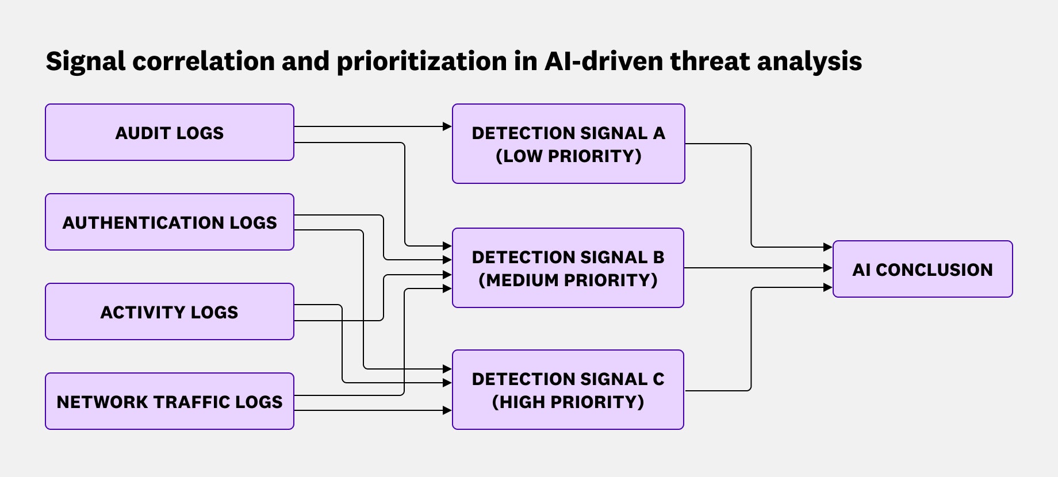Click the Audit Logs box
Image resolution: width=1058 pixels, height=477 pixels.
pyautogui.click(x=170, y=132)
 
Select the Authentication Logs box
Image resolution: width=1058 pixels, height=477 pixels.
pyautogui.click(x=170, y=222)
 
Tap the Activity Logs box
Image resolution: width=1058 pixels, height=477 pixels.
pyautogui.click(x=170, y=311)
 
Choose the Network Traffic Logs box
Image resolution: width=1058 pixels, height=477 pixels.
pyautogui.click(x=170, y=401)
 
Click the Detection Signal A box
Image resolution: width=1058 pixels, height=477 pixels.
pyautogui.click(x=568, y=144)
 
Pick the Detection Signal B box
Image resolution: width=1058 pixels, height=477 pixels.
pyautogui.click(x=568, y=268)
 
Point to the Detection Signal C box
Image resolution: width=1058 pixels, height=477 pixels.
pyautogui.click(x=568, y=390)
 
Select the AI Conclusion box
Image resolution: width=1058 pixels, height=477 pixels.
pyautogui.click(x=922, y=269)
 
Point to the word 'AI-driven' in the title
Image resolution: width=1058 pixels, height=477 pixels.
pyautogui.click(x=604, y=61)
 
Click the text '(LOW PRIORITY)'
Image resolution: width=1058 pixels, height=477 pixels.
pyautogui.click(x=568, y=156)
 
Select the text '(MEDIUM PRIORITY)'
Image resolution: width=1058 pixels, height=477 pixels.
pyautogui.click(x=568, y=280)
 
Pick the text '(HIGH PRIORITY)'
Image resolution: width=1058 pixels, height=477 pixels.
pyautogui.click(x=568, y=402)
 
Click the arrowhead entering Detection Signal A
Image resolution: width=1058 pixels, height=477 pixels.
pyautogui.click(x=447, y=126)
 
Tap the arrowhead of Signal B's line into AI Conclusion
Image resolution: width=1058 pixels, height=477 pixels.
pyautogui.click(x=828, y=268)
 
